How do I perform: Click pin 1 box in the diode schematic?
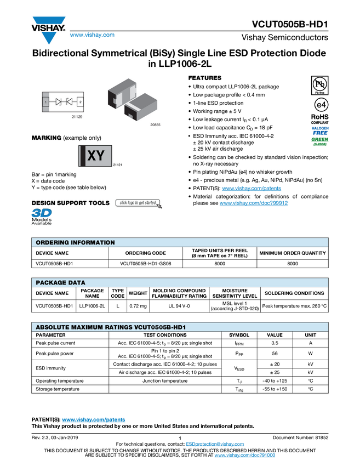pos(46,102)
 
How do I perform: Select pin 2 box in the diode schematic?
pos(80,102)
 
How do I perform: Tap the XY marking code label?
pos(95,156)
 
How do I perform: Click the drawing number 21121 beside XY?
pos(117,164)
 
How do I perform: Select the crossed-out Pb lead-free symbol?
pos(319,84)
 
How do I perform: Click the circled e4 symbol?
pos(320,105)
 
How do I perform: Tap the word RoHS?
pos(319,116)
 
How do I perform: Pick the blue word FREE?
pos(320,133)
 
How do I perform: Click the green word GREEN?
pos(320,139)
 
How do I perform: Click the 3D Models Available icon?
pos(41,217)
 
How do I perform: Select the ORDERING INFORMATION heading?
pos(75,242)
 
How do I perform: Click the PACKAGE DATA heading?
pos(60,282)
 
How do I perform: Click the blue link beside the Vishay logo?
pos(92,35)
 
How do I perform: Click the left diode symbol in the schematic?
pos(58,102)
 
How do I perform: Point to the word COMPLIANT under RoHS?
pos(320,122)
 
